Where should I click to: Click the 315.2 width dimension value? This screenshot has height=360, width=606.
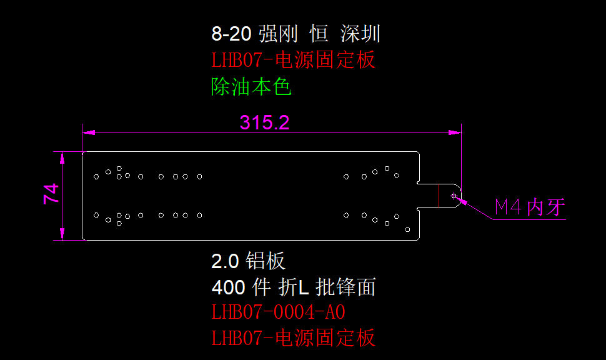click(x=265, y=122)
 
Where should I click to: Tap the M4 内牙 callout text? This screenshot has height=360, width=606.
click(x=530, y=207)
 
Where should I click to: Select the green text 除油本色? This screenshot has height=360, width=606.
click(x=252, y=87)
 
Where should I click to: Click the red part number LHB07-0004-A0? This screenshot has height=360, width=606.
click(x=279, y=311)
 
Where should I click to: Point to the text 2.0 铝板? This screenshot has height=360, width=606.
click(x=249, y=261)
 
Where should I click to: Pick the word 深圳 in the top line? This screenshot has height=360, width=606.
click(x=360, y=34)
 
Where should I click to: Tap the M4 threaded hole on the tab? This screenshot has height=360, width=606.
click(x=455, y=196)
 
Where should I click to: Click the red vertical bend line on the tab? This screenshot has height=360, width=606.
click(x=439, y=196)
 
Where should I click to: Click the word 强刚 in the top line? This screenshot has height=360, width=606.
click(x=279, y=34)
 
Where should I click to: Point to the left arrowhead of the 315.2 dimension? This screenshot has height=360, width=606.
click(x=88, y=132)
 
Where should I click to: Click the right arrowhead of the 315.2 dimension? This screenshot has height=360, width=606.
click(x=456, y=132)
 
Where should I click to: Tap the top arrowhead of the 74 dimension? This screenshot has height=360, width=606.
click(x=62, y=156)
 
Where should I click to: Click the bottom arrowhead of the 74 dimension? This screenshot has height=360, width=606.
click(x=62, y=235)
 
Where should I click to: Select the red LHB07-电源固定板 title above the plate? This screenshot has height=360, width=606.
click(x=294, y=61)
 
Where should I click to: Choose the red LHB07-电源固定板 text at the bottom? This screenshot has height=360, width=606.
click(x=294, y=338)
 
